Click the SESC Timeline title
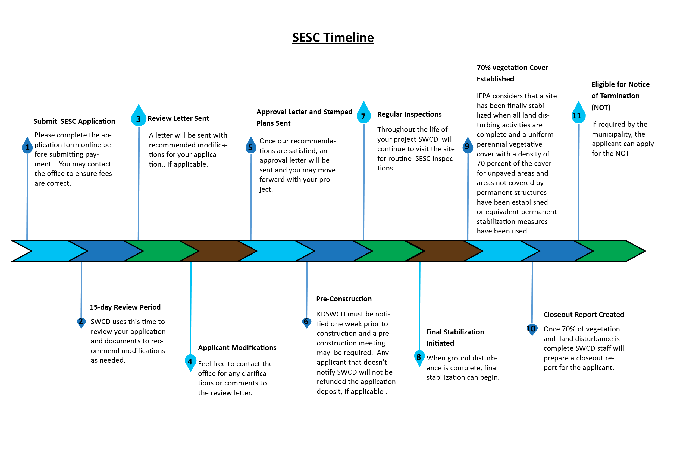click(333, 37)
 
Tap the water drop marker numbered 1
click(27, 145)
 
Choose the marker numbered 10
click(532, 330)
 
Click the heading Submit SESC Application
click(74, 121)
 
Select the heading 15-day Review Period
click(125, 307)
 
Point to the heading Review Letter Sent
click(178, 119)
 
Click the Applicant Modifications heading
click(237, 348)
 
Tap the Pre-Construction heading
click(344, 299)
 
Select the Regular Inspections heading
click(409, 114)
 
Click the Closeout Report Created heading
click(584, 315)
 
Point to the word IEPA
click(484, 96)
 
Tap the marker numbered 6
click(306, 323)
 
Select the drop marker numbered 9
click(468, 145)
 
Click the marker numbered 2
click(81, 323)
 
